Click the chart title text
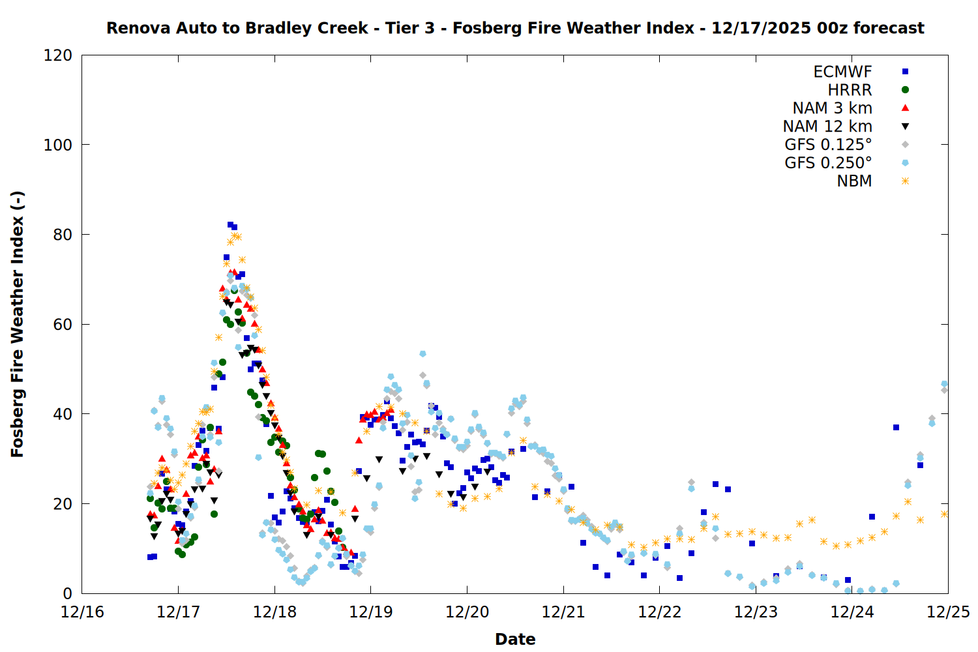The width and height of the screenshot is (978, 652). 515,28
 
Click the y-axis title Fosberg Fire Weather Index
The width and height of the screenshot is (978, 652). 18,324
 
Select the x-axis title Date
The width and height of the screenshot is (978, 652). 515,639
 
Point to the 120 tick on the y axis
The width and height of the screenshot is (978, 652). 58,55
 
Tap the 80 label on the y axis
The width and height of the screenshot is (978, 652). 63,235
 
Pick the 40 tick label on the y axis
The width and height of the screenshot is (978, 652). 63,414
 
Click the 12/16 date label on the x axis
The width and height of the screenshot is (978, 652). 82,612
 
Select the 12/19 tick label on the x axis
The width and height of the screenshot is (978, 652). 371,612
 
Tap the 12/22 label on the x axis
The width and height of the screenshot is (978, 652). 660,612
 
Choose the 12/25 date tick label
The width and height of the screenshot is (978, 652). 948,612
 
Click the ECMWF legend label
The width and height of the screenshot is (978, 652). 842,72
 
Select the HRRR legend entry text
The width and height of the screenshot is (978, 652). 850,90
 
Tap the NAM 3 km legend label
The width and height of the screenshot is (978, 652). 832,108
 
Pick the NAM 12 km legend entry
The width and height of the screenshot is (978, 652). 827,126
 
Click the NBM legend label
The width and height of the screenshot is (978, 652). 854,181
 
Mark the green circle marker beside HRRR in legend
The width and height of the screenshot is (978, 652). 905,90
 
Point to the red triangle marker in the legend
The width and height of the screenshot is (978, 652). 905,108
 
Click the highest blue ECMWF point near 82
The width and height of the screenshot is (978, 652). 230,225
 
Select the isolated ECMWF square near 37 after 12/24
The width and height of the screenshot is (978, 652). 896,427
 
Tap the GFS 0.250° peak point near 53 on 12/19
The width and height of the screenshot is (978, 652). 422,354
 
